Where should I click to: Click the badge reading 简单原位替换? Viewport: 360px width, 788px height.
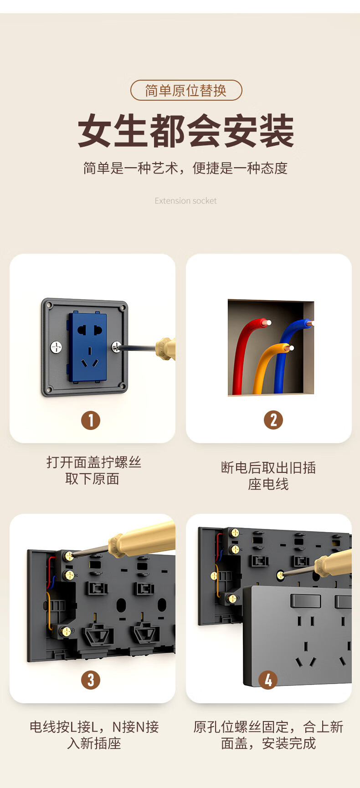click(186, 90)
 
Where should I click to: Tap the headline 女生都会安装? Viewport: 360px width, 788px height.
click(186, 131)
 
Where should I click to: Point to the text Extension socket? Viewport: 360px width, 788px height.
click(185, 201)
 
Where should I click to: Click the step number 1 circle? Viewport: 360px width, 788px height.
click(91, 420)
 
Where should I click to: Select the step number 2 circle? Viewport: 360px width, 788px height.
click(273, 420)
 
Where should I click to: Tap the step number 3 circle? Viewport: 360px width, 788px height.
click(91, 680)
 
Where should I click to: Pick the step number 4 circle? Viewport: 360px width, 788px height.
click(268, 680)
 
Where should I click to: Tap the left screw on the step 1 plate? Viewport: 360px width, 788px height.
click(56, 347)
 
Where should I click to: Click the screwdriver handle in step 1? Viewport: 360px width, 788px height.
click(165, 349)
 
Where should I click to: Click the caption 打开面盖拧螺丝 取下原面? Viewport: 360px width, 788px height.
click(93, 471)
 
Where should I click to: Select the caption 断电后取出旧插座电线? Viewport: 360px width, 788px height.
click(268, 476)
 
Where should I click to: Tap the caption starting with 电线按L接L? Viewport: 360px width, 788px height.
click(94, 735)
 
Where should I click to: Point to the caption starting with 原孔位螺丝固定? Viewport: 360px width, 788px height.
click(268, 735)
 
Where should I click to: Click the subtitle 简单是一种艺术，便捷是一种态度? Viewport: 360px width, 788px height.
click(185, 168)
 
